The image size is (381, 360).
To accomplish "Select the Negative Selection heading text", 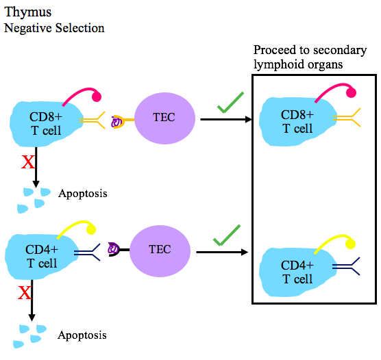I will tap(54, 28).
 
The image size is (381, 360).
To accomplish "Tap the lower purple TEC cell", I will tap(160, 250).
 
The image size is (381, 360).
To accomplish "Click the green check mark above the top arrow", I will tap(231, 105).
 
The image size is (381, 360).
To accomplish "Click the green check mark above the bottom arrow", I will tap(227, 235).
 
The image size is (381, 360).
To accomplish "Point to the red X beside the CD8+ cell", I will tap(28, 162).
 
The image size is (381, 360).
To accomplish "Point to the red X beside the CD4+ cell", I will tap(25, 294).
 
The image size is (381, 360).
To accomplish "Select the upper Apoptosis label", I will tap(82, 194).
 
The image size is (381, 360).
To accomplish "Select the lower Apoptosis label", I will tap(82, 335).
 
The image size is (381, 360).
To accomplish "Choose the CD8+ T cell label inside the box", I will tap(297, 121).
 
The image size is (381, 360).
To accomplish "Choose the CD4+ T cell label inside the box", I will tap(297, 272).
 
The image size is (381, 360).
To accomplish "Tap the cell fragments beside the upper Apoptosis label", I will tap(34, 199).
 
